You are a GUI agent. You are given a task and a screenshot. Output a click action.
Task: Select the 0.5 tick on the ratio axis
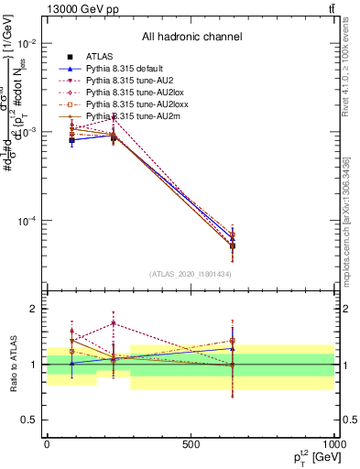[x=27, y=420]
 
